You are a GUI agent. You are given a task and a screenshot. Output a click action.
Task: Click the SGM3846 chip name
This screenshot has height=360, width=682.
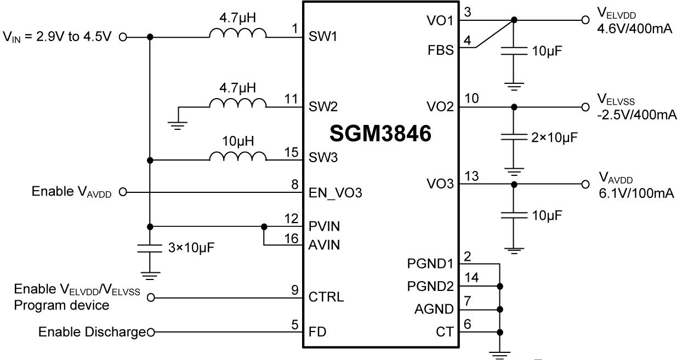click(382, 134)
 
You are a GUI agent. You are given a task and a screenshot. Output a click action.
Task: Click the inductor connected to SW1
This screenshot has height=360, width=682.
click(237, 34)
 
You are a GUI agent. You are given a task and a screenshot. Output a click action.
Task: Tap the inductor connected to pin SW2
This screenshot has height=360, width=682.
click(237, 103)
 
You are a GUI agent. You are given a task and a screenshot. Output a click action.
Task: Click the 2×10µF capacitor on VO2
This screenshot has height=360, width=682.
click(514, 136)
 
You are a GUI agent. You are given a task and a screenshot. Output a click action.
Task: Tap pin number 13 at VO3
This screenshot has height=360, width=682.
click(471, 175)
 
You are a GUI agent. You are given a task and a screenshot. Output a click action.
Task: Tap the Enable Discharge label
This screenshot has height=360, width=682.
click(92, 332)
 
